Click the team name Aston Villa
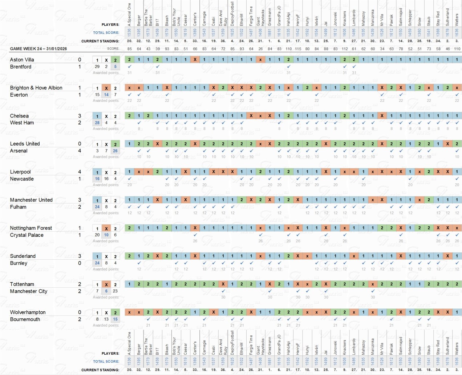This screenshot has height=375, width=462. (22, 60)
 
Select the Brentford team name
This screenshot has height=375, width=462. (21, 67)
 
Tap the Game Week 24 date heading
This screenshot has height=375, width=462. (38, 48)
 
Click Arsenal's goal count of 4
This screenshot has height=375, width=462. (80, 151)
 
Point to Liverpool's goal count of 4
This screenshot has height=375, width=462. (80, 172)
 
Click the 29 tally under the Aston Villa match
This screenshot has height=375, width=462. (97, 67)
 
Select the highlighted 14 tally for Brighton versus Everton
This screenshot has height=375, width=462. (106, 95)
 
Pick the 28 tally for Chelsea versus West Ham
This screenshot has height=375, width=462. (97, 123)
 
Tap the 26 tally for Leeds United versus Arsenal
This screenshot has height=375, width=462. (115, 151)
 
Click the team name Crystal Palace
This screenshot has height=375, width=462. (27, 235)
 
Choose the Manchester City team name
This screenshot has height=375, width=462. (28, 291)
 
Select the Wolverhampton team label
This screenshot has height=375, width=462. (28, 312)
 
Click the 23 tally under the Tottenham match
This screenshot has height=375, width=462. (115, 291)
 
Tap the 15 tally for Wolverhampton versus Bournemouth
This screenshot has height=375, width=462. (115, 319)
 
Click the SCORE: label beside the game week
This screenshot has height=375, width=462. (113, 48)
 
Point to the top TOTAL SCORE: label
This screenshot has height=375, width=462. (106, 33)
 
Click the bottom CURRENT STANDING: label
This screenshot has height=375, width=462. (100, 370)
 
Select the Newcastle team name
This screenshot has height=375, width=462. (22, 179)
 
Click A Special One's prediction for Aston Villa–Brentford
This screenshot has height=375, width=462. (129, 60)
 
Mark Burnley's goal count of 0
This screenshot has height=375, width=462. (80, 263)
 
